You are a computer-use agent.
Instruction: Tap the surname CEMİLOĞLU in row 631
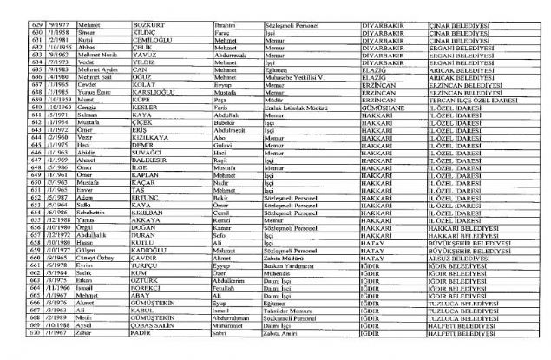click(x=144, y=40)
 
